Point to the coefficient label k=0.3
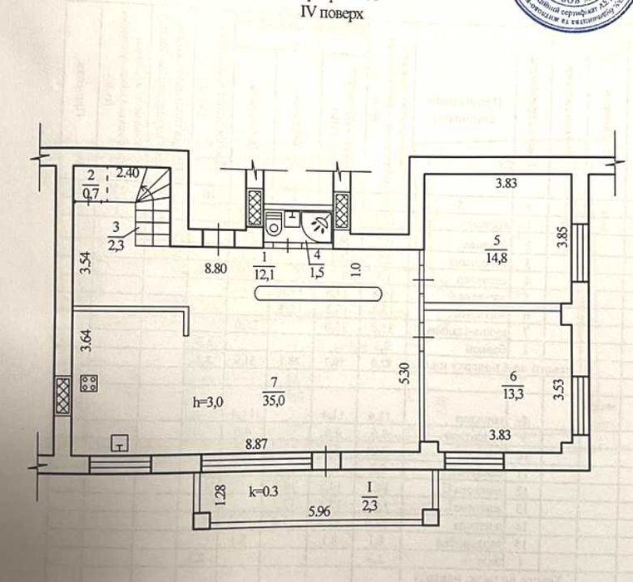point(265,492)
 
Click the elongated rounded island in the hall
point(319,293)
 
